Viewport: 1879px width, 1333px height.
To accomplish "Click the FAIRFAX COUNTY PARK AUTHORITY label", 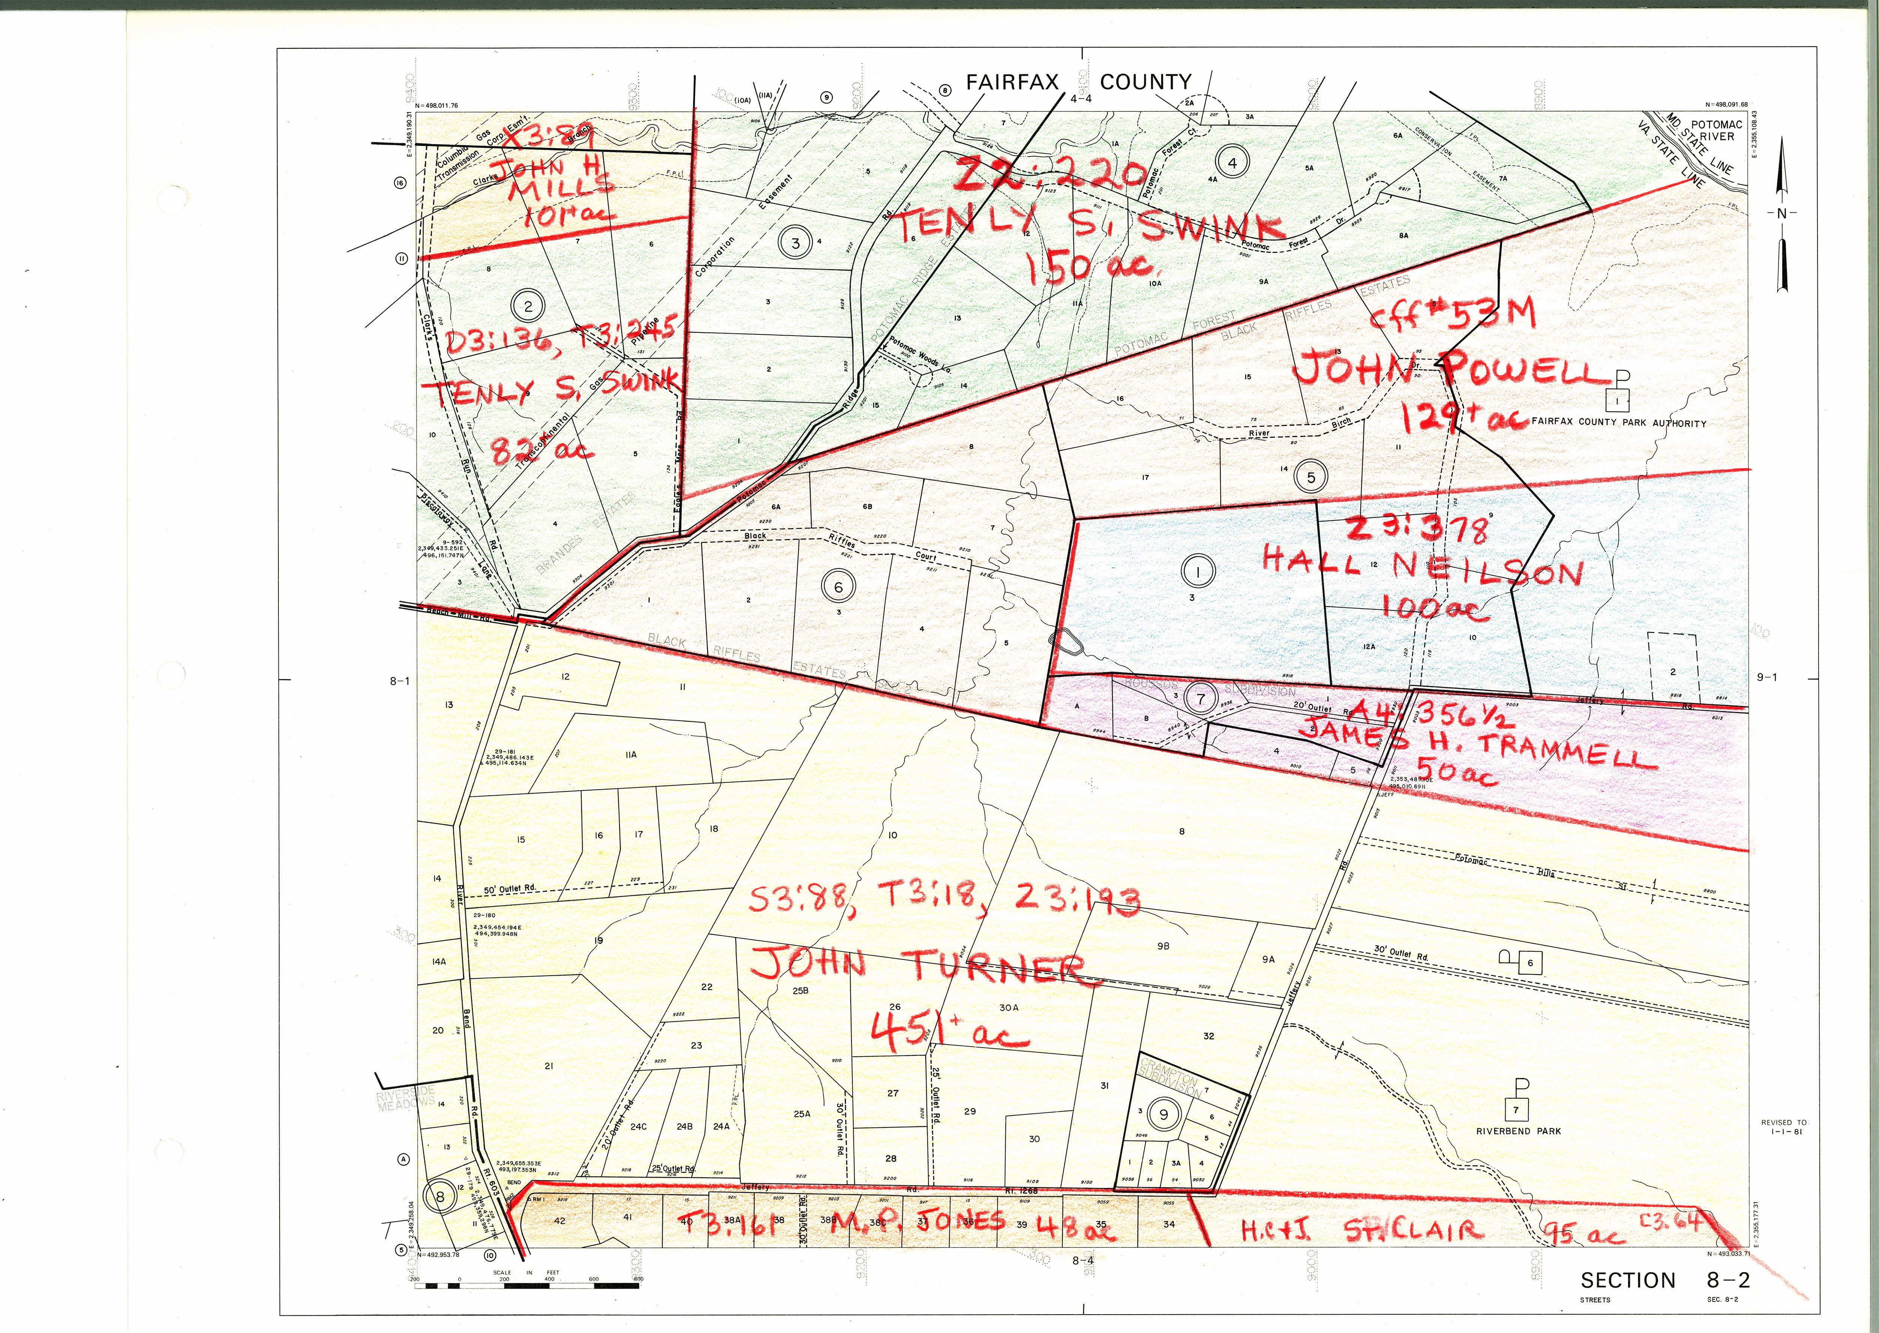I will pos(1618,424).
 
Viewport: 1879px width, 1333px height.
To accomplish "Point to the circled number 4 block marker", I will pos(1232,162).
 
